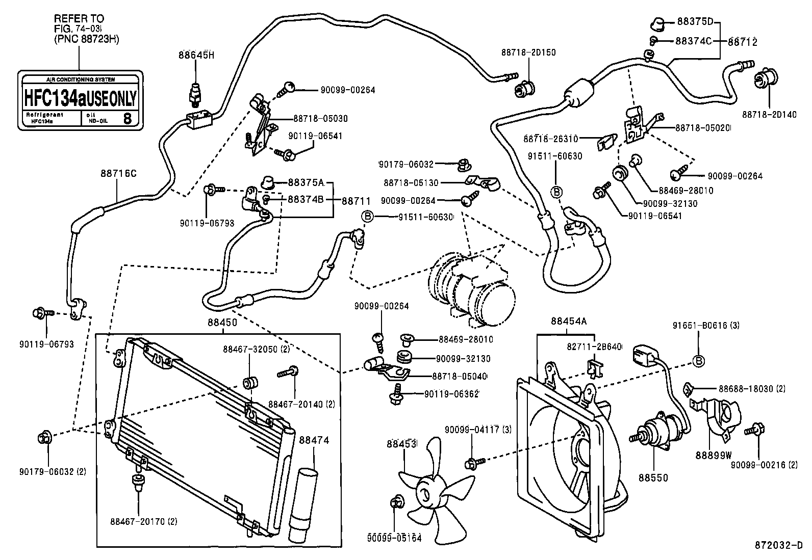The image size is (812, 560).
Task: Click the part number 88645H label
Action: tap(196, 55)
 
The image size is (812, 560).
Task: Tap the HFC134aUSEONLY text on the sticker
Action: tap(80, 98)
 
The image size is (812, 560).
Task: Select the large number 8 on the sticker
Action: tap(128, 119)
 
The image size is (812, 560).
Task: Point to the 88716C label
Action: tap(118, 173)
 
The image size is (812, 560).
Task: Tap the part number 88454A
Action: tap(568, 321)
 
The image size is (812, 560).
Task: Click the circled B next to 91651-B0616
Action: tap(698, 360)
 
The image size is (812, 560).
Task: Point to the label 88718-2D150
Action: tap(528, 52)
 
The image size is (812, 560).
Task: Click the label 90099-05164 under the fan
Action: tap(394, 538)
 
